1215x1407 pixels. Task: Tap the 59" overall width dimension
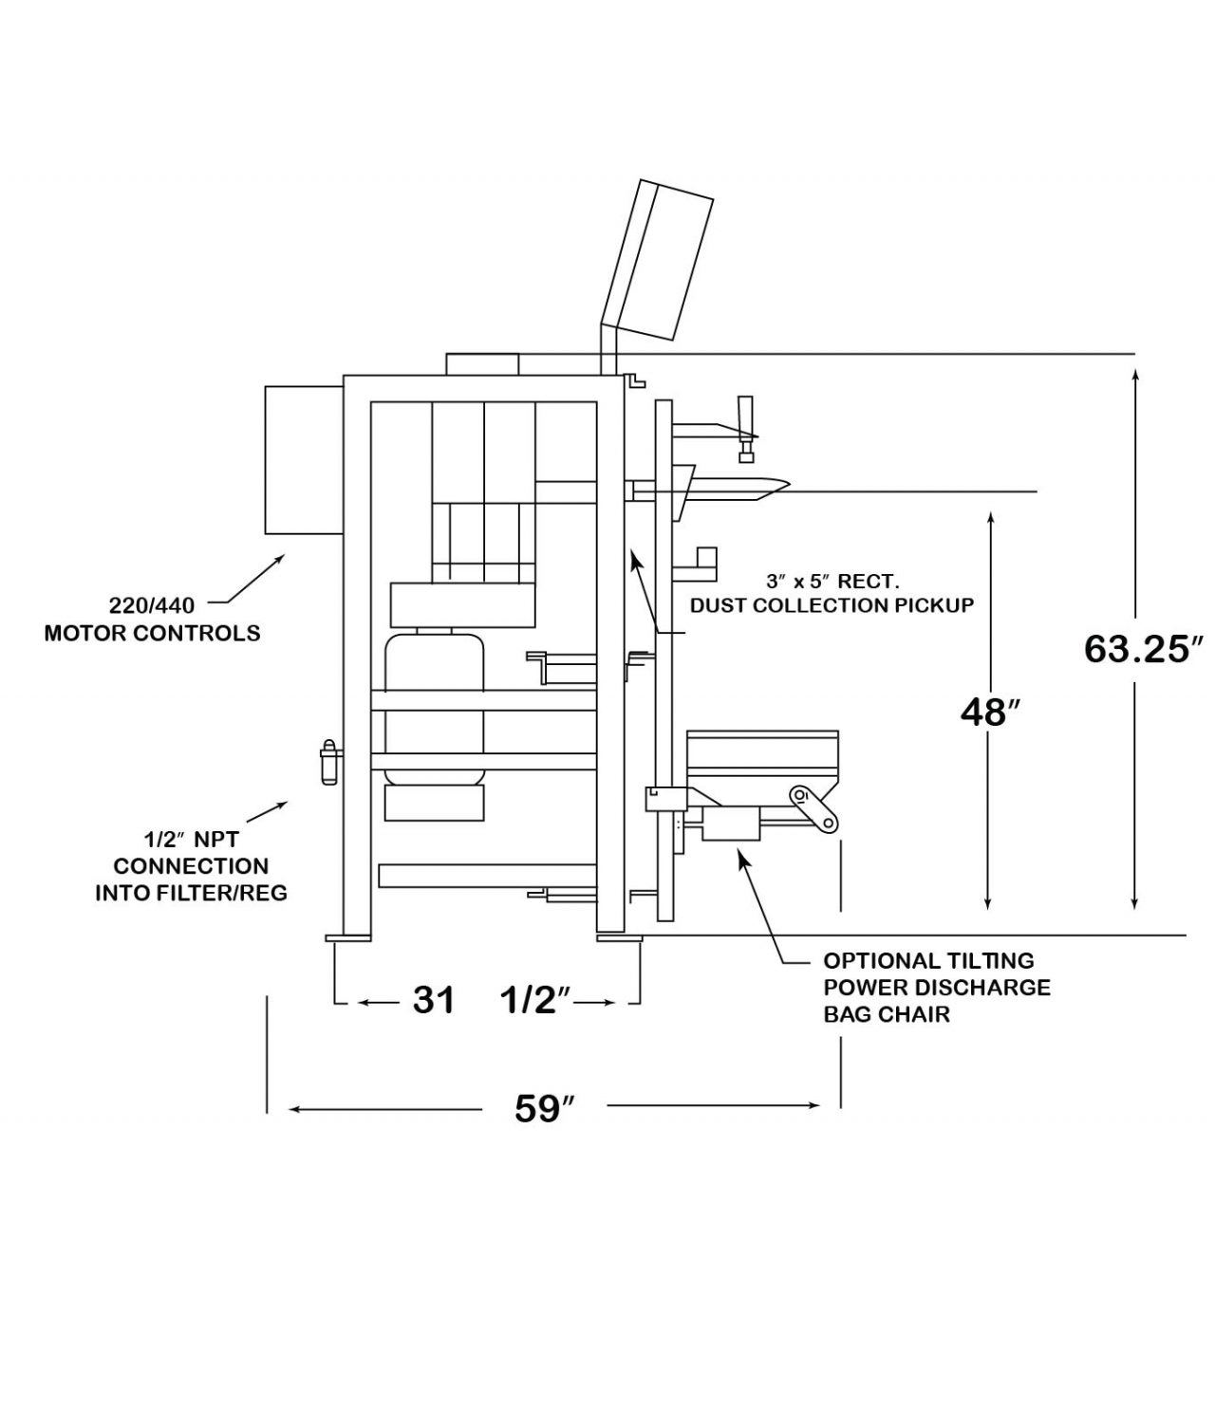point(545,1108)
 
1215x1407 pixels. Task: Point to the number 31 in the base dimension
point(434,1000)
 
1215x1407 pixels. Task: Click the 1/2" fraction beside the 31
point(534,1000)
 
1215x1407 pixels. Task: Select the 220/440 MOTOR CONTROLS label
point(152,619)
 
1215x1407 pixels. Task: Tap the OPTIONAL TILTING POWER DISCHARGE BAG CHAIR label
point(936,988)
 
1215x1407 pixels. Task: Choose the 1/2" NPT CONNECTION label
point(191,865)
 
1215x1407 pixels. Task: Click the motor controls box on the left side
point(303,458)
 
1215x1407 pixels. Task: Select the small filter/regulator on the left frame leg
point(329,763)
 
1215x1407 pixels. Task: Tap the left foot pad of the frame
point(348,938)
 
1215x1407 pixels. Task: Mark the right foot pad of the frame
point(619,938)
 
